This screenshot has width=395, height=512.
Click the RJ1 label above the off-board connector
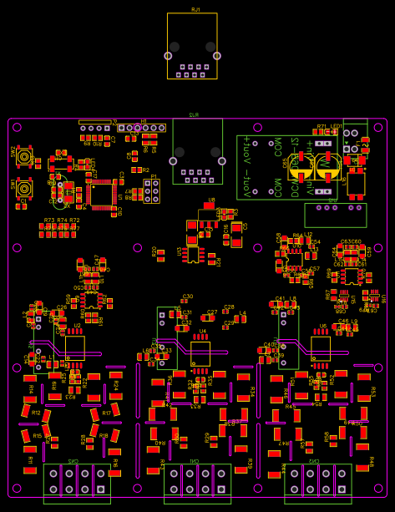point(195,9)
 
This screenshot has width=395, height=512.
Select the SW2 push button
point(24,156)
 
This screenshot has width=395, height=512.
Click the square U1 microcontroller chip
point(101,194)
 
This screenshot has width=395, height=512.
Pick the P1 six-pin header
point(151,191)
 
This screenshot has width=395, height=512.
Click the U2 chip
point(74,347)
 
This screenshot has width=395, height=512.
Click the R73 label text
point(48,221)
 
